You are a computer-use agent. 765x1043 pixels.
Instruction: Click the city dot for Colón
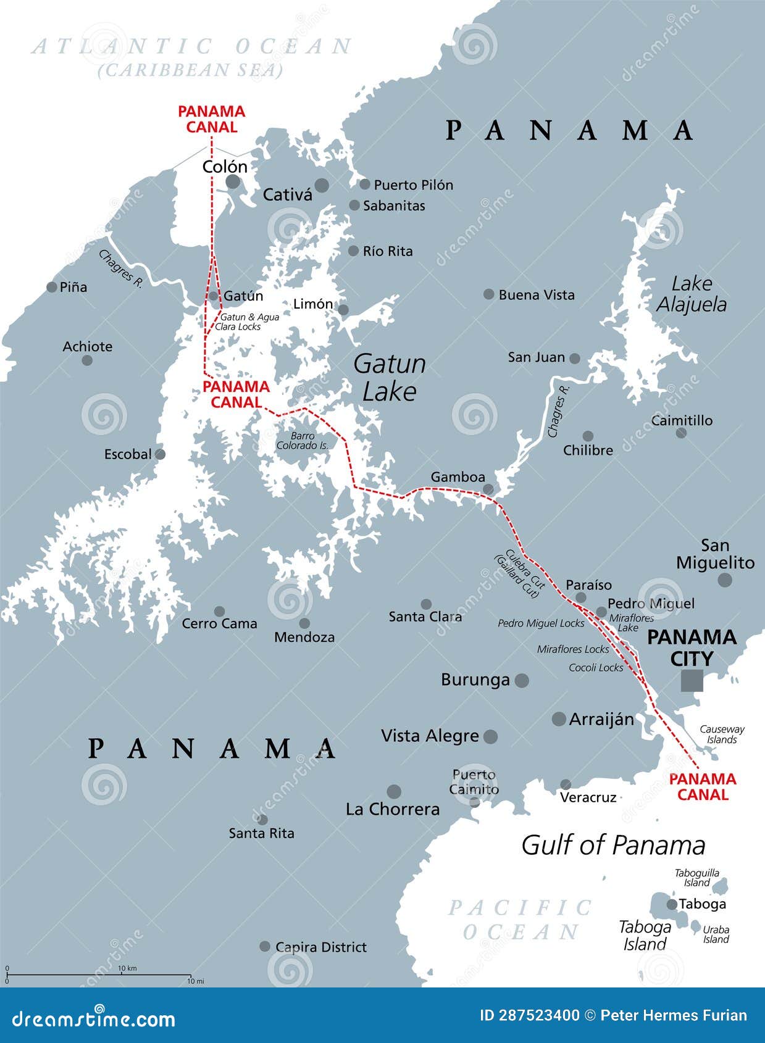(x=233, y=181)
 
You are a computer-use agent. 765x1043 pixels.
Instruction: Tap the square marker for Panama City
(x=692, y=680)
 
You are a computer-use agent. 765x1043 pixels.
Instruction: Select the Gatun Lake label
(x=390, y=377)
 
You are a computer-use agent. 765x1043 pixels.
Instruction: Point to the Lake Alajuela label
(x=692, y=294)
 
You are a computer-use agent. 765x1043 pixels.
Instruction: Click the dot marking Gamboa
(x=488, y=489)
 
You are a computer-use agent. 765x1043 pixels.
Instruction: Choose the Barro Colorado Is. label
(x=303, y=441)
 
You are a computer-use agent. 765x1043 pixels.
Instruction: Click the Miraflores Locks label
(x=573, y=649)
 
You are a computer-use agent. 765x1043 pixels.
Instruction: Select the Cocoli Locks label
(x=596, y=668)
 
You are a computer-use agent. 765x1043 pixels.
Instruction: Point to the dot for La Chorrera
(x=394, y=791)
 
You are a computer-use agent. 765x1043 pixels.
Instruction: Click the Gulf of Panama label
(x=613, y=846)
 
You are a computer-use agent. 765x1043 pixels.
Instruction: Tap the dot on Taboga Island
(x=672, y=904)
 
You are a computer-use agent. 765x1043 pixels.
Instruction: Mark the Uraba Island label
(x=716, y=934)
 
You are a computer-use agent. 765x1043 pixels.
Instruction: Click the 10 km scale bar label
(x=127, y=968)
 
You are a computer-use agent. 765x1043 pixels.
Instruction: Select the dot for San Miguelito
(x=725, y=580)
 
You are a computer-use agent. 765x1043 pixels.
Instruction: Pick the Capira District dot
(x=265, y=946)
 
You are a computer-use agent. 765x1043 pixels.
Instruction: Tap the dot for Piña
(x=52, y=287)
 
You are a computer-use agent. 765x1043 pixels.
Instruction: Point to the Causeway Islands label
(x=722, y=734)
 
